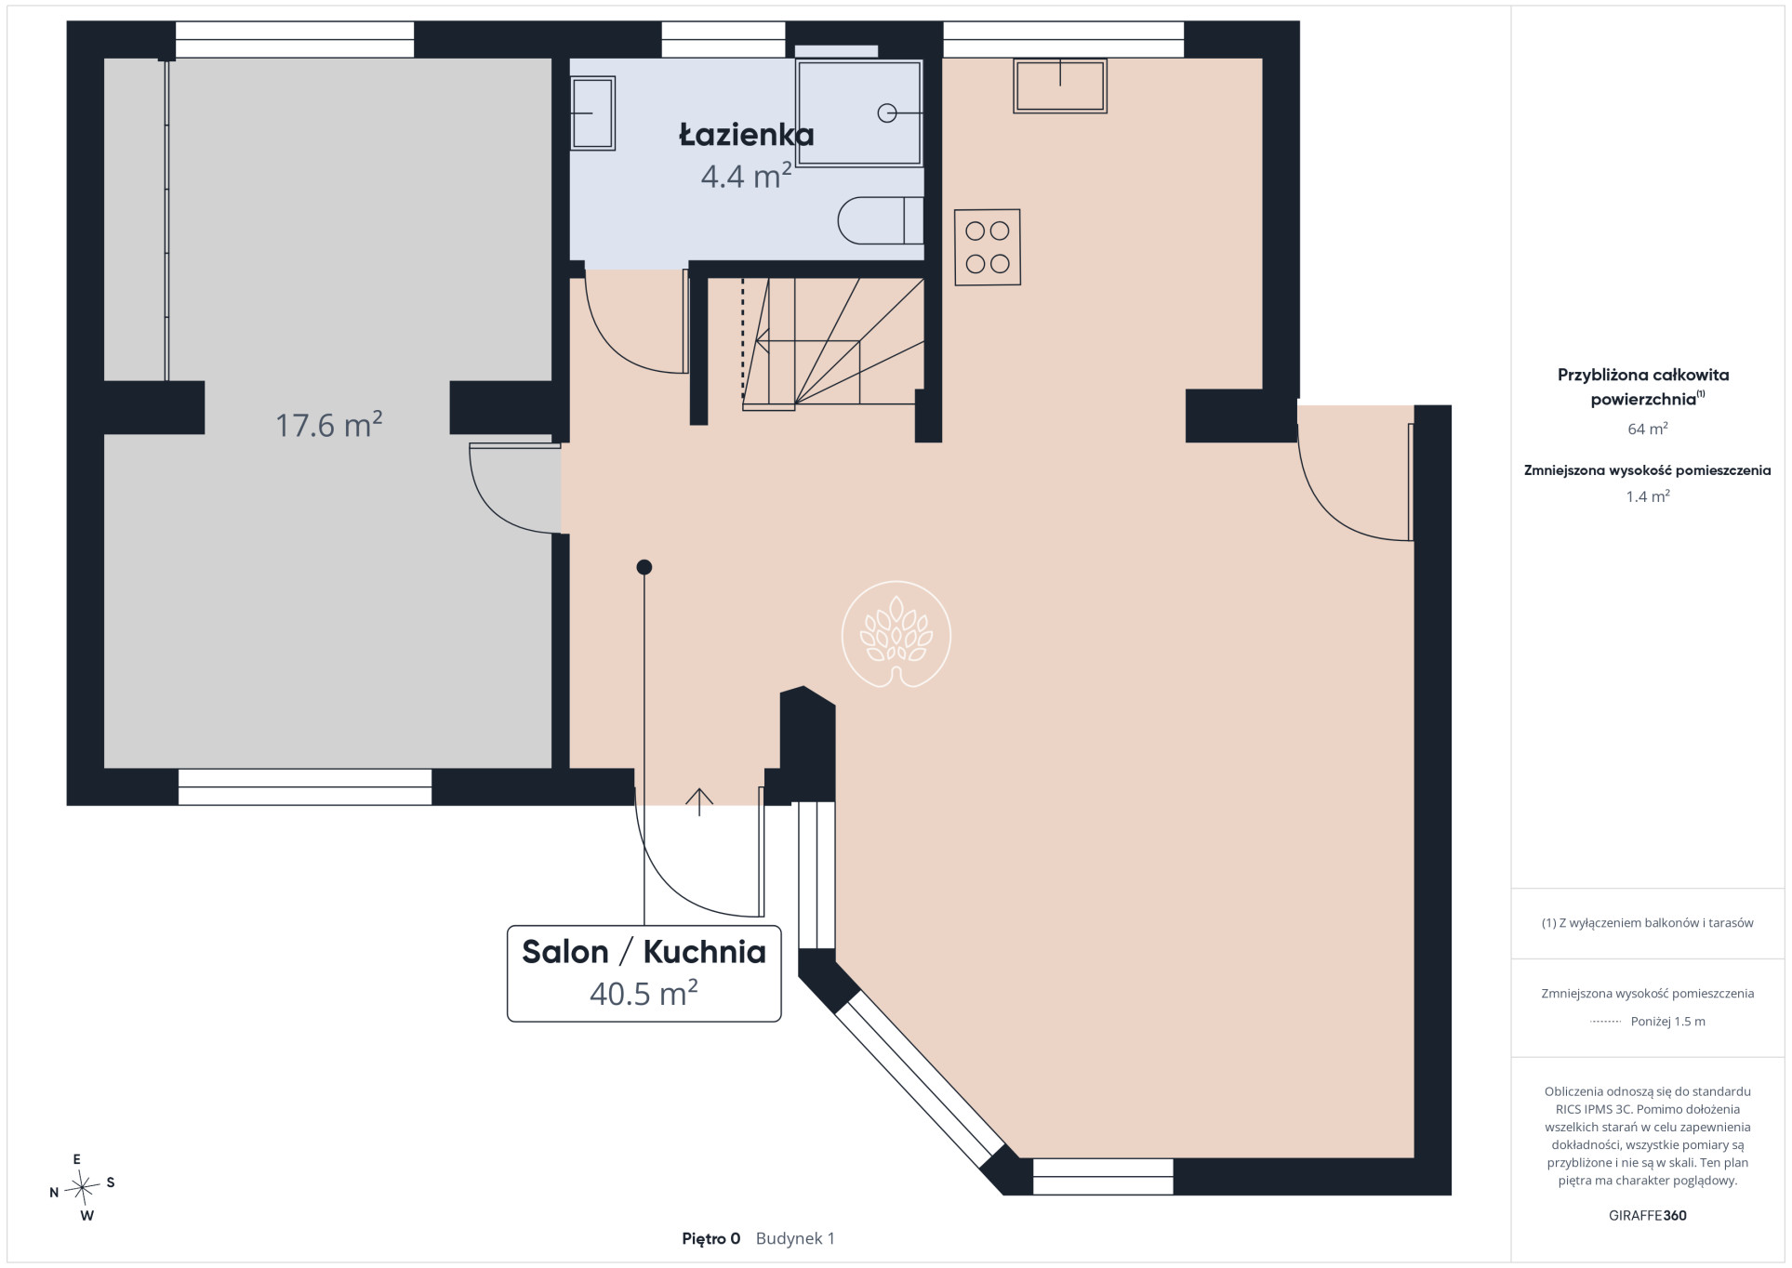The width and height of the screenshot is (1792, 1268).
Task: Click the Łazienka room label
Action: [747, 136]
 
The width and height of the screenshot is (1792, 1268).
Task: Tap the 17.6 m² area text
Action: [329, 425]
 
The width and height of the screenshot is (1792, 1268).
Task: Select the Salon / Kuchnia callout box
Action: [644, 973]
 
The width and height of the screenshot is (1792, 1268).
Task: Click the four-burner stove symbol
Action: [988, 246]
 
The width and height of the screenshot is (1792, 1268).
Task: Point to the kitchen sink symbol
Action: [1060, 86]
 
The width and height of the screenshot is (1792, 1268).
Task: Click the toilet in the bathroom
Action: [881, 220]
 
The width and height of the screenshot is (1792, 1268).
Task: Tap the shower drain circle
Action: [886, 113]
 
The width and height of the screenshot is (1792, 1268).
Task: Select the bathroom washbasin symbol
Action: [592, 112]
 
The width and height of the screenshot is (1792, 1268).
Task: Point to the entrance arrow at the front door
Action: [699, 801]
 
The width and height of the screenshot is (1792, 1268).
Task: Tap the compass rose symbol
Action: [83, 1186]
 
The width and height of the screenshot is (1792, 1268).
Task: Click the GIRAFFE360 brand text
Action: [1647, 1215]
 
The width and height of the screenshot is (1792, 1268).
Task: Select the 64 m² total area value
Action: [1647, 429]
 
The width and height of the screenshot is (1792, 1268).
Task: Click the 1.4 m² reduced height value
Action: [1647, 496]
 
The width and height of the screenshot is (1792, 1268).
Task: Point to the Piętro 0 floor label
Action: [711, 1238]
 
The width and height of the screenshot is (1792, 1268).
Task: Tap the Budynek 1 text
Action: [795, 1238]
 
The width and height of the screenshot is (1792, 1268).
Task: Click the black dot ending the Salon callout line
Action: [644, 567]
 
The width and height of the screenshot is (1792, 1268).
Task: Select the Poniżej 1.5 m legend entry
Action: [1648, 1021]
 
